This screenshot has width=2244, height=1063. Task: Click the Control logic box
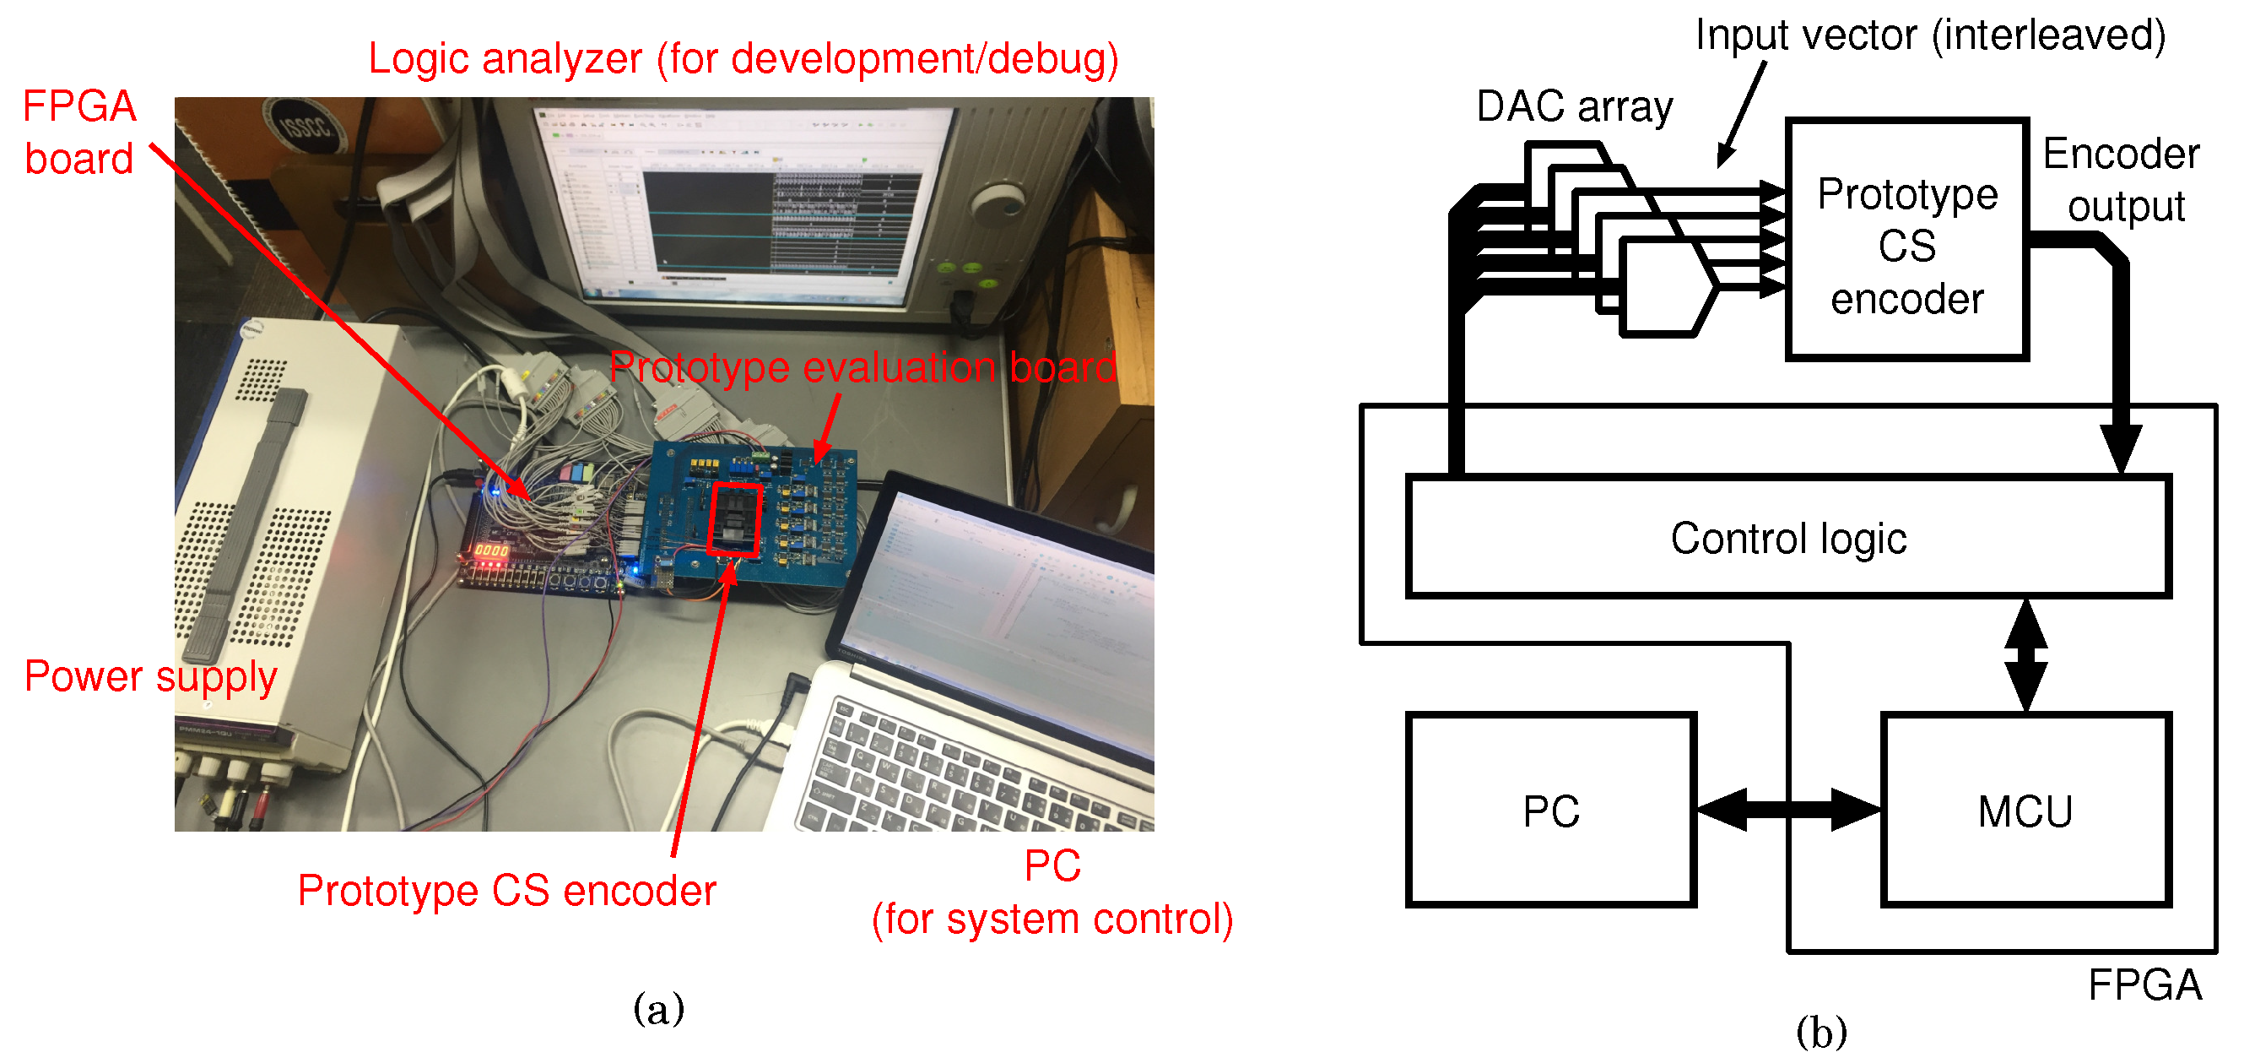[1787, 537]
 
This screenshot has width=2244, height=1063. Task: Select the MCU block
[2025, 811]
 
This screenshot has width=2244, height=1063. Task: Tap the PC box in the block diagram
[1550, 811]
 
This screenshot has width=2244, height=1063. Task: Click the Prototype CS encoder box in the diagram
[1906, 244]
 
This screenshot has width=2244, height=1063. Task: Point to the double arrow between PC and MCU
[1787, 810]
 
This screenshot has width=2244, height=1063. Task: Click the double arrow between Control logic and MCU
[2025, 655]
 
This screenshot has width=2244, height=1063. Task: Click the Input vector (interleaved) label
[1929, 35]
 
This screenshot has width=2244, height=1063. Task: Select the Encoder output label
[2122, 180]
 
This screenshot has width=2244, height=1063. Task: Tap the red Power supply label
[150, 676]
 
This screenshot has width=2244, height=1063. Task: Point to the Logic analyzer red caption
[742, 59]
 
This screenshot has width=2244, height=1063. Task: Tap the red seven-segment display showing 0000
[490, 550]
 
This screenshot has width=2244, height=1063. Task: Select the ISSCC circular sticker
[304, 127]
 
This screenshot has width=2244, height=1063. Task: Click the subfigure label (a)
[657, 1009]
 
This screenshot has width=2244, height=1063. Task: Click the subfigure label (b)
[1820, 1033]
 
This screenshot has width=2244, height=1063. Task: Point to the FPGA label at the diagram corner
[2144, 985]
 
